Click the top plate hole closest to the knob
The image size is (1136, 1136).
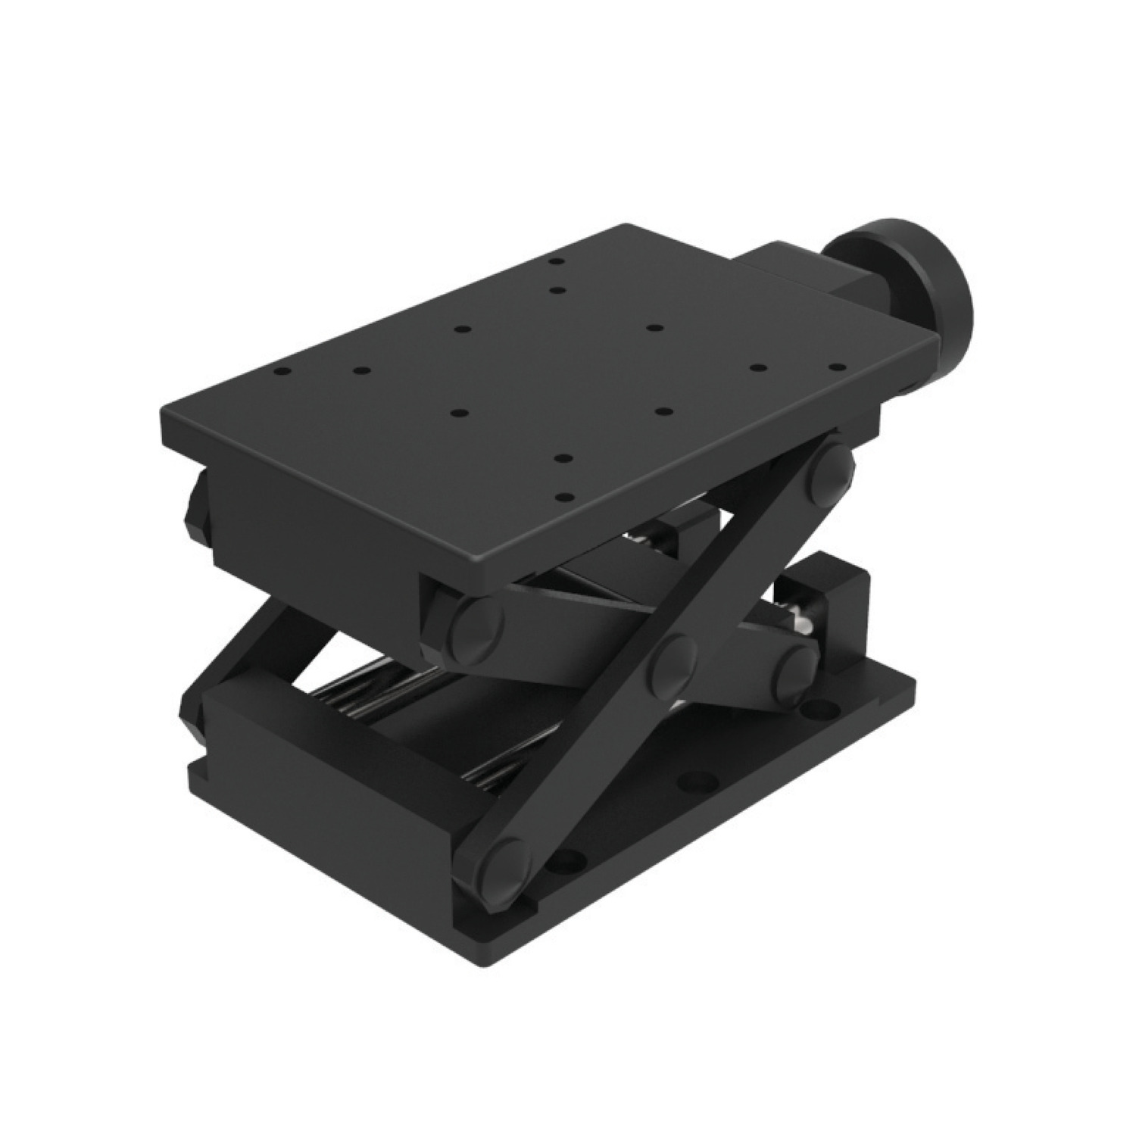(x=835, y=367)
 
